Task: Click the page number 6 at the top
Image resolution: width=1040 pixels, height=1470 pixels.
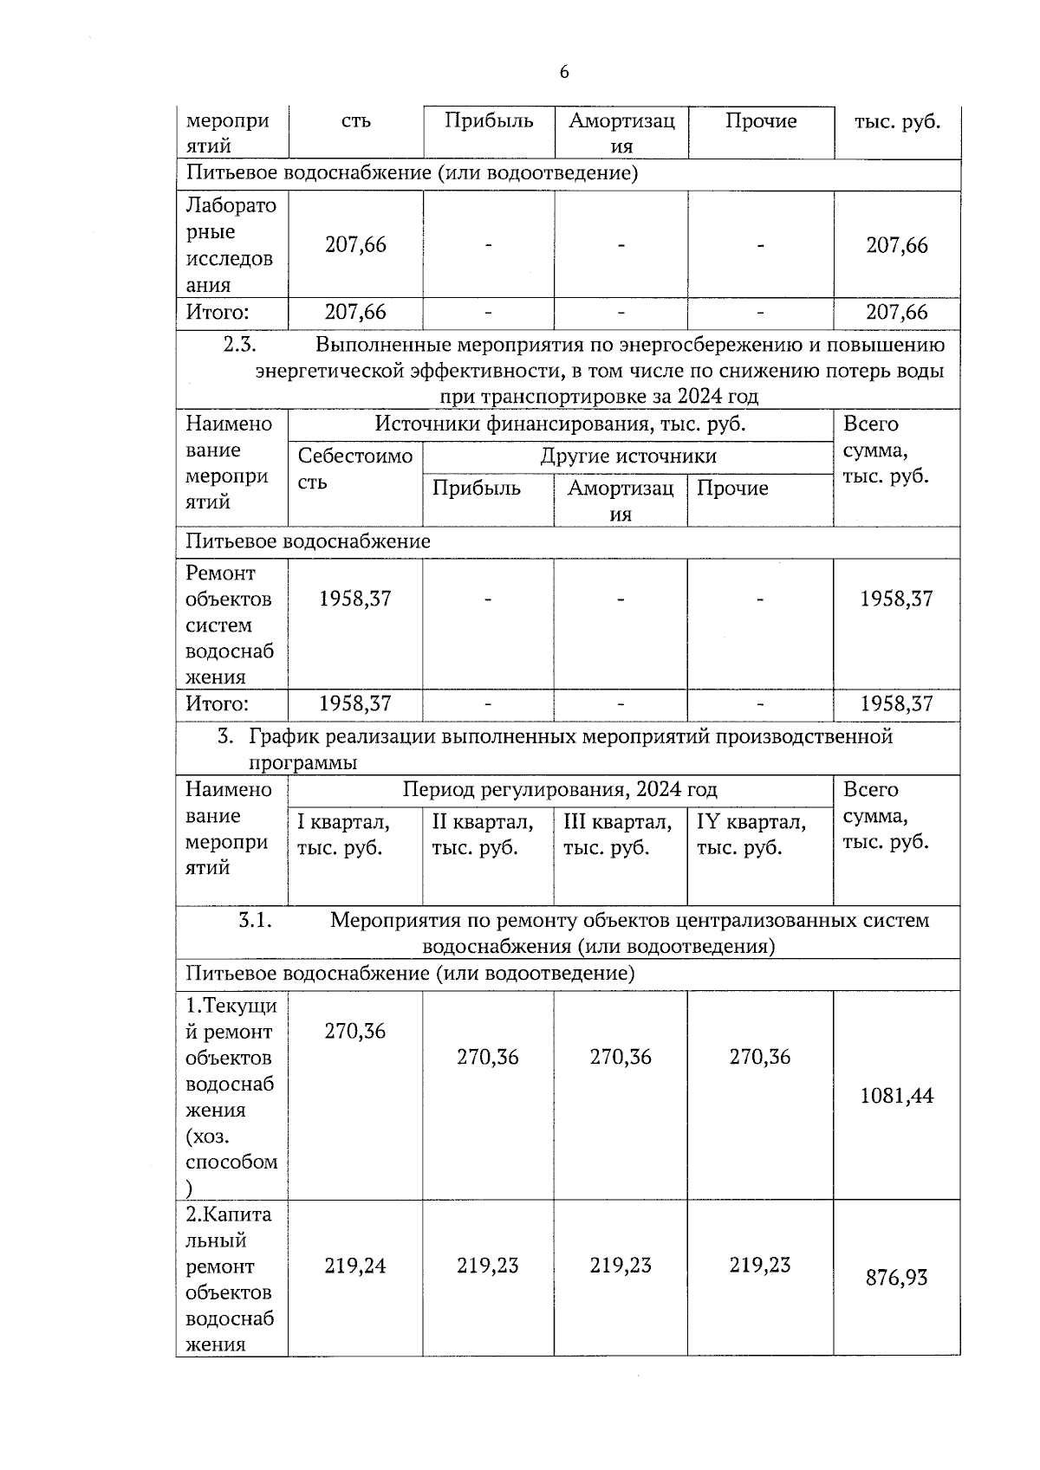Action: click(564, 72)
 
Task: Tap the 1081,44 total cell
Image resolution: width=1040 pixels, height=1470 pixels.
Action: click(896, 1096)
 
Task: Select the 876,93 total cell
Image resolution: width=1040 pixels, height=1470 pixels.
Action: click(896, 1278)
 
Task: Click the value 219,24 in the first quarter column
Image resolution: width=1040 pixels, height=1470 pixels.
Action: click(354, 1266)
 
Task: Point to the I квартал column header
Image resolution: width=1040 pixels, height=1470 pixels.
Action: click(343, 834)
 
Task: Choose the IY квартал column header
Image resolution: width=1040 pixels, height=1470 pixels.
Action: click(751, 834)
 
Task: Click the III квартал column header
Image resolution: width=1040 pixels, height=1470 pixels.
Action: click(617, 834)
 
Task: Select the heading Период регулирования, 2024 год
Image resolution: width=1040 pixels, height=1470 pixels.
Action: click(560, 790)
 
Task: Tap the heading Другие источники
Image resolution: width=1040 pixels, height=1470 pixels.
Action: click(628, 457)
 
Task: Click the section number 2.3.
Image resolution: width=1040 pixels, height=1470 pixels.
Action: click(240, 345)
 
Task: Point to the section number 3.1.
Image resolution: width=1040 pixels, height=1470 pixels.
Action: click(256, 920)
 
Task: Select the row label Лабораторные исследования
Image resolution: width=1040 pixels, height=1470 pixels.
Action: click(231, 245)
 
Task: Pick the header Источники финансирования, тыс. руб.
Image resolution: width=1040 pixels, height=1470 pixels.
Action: click(560, 424)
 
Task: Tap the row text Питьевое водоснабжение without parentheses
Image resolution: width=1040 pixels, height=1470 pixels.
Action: click(308, 542)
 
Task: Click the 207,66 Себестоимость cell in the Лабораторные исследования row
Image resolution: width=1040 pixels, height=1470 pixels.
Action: click(355, 245)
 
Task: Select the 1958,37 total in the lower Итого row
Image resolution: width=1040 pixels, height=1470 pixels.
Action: click(896, 703)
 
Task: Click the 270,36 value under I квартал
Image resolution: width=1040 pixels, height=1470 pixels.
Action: click(354, 1031)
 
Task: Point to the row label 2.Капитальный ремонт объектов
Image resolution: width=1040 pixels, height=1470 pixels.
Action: click(230, 1279)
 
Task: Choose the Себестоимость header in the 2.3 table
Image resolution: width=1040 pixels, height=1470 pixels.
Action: click(354, 469)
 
